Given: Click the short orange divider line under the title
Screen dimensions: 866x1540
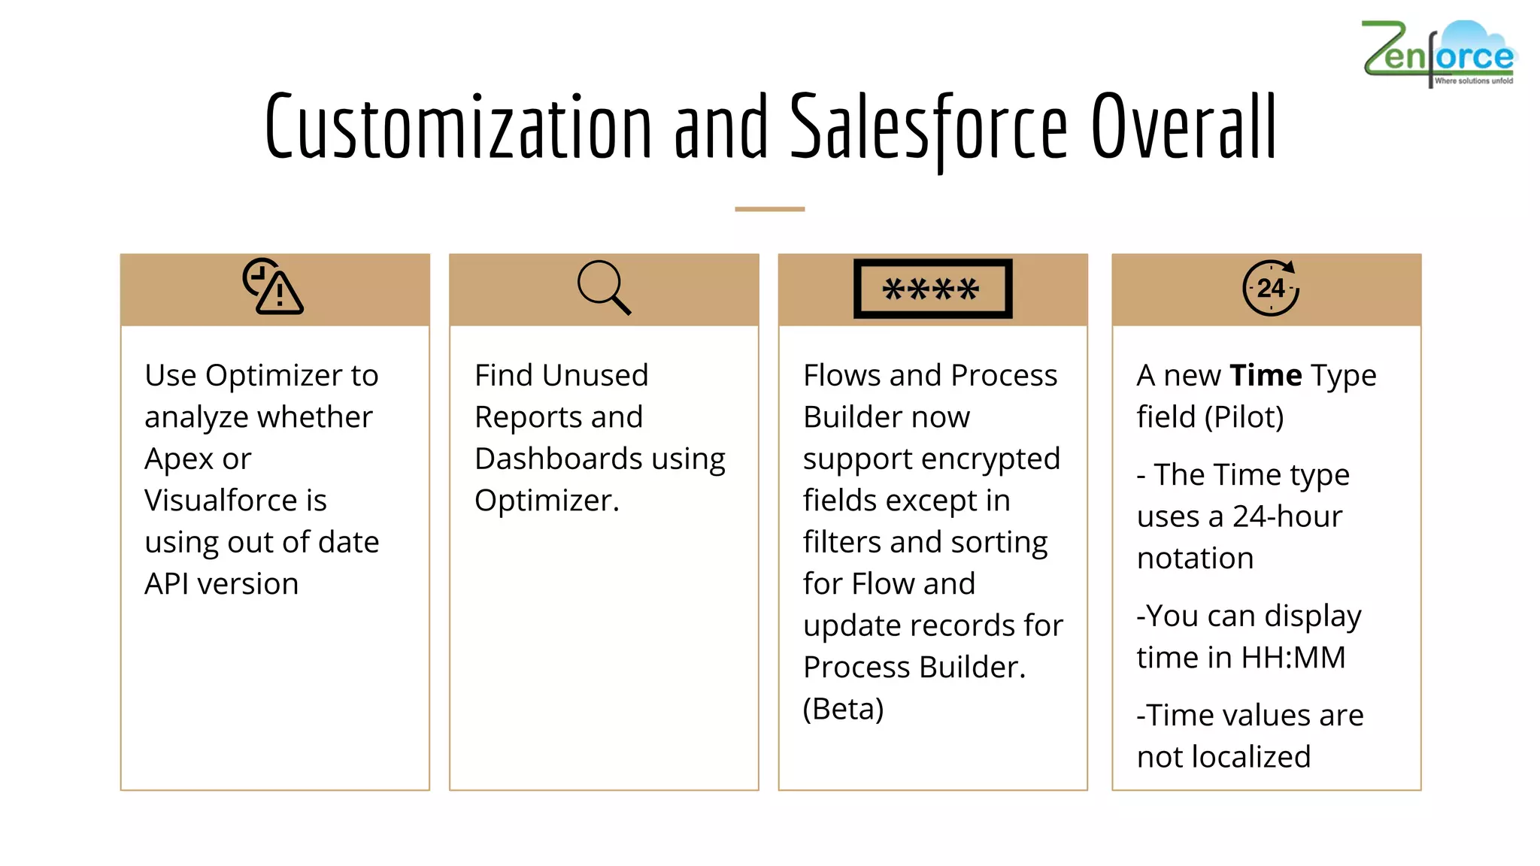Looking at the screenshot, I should (x=769, y=209).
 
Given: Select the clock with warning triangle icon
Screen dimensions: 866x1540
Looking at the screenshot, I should (x=273, y=286).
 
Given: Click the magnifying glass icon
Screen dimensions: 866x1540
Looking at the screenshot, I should (x=604, y=288).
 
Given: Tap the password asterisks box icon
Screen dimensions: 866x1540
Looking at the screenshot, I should (x=932, y=289).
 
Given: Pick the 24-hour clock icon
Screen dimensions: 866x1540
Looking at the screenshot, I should (x=1270, y=288).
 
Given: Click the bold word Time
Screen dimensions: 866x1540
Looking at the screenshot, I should (x=1266, y=375).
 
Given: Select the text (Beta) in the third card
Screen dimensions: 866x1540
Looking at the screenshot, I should (x=843, y=709).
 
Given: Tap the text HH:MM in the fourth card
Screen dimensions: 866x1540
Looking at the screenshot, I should (x=1293, y=658).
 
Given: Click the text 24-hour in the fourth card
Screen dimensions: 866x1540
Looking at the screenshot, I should (x=1287, y=517).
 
